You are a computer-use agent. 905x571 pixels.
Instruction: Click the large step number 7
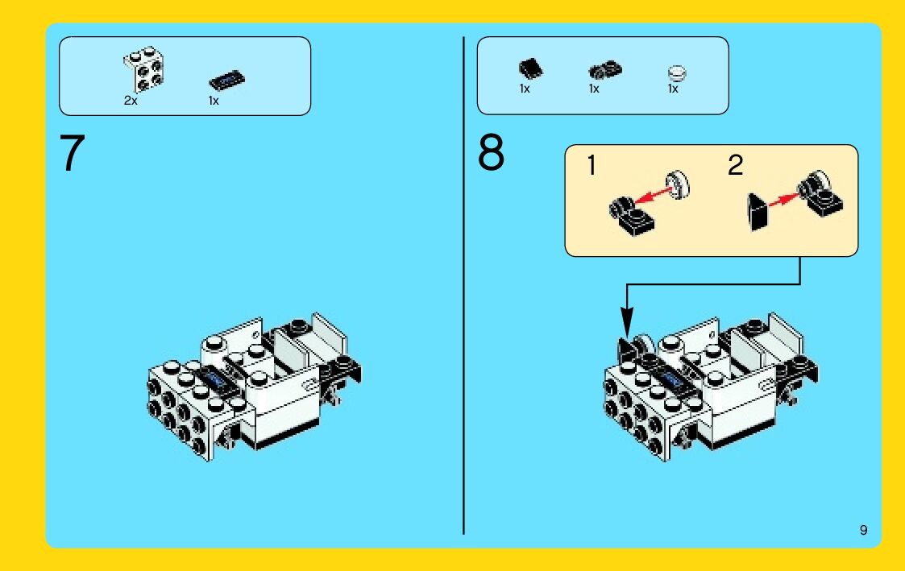(x=73, y=153)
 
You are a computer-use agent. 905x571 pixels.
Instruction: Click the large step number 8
(x=491, y=152)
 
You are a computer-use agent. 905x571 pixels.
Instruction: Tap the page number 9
(x=863, y=530)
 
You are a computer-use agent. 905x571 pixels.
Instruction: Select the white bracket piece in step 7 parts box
(x=143, y=69)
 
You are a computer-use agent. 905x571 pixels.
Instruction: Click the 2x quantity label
(x=131, y=101)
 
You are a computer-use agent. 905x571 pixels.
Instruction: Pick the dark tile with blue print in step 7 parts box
(x=226, y=81)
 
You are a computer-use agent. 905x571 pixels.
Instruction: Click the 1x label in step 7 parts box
(x=214, y=101)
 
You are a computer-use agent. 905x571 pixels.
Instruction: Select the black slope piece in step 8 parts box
(x=530, y=69)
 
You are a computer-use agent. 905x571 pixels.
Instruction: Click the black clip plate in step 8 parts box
(x=605, y=70)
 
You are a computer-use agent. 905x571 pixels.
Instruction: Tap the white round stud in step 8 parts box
(x=677, y=72)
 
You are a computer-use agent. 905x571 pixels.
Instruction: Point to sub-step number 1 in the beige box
(x=591, y=166)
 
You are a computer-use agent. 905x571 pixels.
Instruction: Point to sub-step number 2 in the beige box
(x=735, y=166)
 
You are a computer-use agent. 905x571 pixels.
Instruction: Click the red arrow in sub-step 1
(x=652, y=194)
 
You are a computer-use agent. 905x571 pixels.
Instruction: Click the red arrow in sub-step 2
(x=784, y=200)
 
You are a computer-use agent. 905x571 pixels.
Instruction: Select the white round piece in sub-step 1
(x=679, y=184)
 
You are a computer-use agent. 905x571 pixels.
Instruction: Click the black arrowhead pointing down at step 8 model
(x=627, y=320)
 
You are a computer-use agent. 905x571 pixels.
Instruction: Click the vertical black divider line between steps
(x=463, y=285)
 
